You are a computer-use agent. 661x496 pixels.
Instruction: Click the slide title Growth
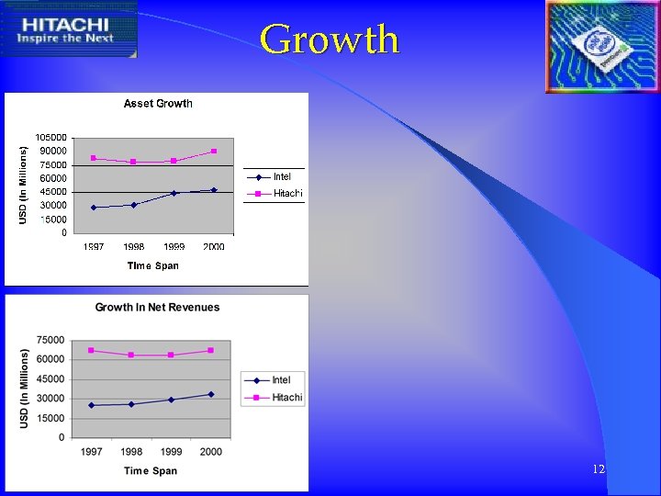(330, 39)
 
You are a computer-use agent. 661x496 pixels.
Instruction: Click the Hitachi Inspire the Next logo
(69, 29)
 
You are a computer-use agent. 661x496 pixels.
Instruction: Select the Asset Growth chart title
(158, 104)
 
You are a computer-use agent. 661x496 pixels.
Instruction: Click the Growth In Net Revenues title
(158, 307)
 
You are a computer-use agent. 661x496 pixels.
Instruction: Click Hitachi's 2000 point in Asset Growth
(214, 151)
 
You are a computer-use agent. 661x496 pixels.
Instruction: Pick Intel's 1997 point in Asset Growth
(94, 208)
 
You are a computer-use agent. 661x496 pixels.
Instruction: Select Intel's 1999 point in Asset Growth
(174, 193)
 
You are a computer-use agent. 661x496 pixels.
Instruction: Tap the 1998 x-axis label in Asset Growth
(134, 246)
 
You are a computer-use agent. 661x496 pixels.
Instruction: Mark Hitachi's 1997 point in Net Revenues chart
(91, 350)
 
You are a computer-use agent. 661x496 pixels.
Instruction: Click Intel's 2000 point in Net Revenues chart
(210, 394)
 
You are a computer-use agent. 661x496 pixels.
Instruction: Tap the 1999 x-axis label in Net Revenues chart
(171, 451)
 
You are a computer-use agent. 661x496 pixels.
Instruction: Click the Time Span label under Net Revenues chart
(151, 471)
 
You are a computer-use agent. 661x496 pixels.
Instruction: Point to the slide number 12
(599, 469)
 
